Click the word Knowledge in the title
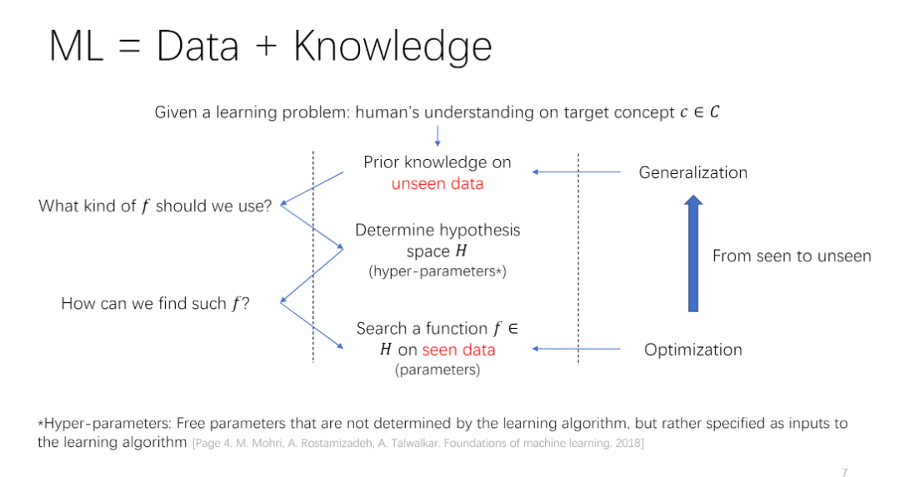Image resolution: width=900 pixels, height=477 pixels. click(392, 47)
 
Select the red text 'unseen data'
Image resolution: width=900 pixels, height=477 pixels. click(437, 183)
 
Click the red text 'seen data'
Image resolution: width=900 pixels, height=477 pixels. click(458, 350)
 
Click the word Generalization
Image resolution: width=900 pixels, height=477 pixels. click(692, 172)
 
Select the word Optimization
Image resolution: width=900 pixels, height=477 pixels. click(692, 350)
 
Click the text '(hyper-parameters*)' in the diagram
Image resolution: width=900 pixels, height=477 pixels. click(437, 271)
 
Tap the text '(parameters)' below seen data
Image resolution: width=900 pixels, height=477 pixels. click(437, 370)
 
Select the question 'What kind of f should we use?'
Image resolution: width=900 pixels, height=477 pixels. click(155, 206)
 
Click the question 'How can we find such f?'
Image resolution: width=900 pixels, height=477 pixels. click(156, 304)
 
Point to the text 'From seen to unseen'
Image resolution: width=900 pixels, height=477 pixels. click(792, 256)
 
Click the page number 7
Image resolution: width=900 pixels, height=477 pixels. click(844, 472)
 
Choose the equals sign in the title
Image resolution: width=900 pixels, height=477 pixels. click(129, 47)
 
